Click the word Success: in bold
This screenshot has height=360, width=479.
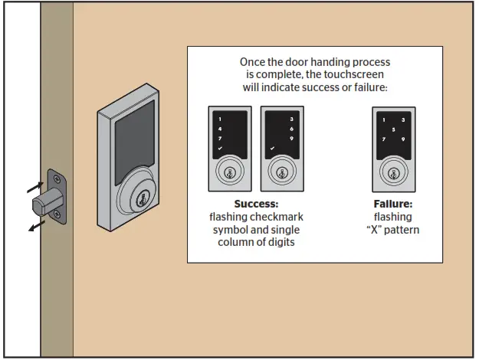click(256, 205)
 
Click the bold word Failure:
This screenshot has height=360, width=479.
click(392, 205)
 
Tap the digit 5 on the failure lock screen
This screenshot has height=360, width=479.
click(393, 130)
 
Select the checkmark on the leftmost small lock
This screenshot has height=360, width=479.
click(220, 148)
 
